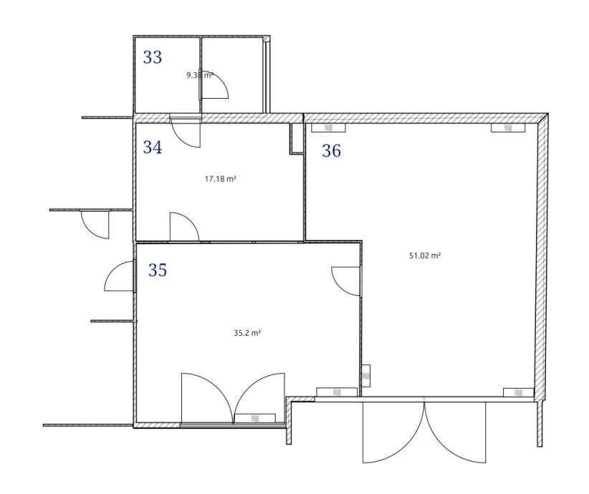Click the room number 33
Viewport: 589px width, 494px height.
click(152, 57)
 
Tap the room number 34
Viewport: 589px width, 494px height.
click(152, 147)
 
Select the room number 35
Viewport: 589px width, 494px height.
click(158, 270)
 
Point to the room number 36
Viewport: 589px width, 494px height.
click(331, 151)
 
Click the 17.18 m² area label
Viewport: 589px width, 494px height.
click(220, 179)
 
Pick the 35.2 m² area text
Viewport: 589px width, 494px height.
click(247, 333)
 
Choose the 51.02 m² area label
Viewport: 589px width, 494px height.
click(425, 256)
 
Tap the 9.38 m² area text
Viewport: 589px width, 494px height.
click(200, 75)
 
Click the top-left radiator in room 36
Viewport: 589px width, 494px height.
click(328, 128)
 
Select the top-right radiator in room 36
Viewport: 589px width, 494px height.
click(508, 128)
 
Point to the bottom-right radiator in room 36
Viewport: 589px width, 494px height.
click(518, 392)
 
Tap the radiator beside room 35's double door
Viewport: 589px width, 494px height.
click(255, 418)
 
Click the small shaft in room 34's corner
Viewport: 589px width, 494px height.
click(296, 138)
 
